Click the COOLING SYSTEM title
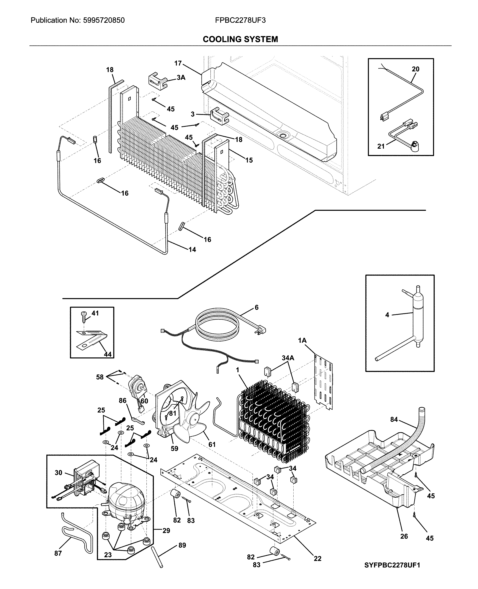pyautogui.click(x=240, y=39)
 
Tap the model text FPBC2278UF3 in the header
pyautogui.click(x=240, y=20)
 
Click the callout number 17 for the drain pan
pyautogui.click(x=178, y=63)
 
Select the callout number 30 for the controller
pyautogui.click(x=58, y=473)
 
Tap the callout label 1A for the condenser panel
pyautogui.click(x=302, y=340)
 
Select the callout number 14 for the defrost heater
pyautogui.click(x=192, y=249)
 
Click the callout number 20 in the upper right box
pyautogui.click(x=415, y=69)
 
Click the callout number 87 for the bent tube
pyautogui.click(x=58, y=553)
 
